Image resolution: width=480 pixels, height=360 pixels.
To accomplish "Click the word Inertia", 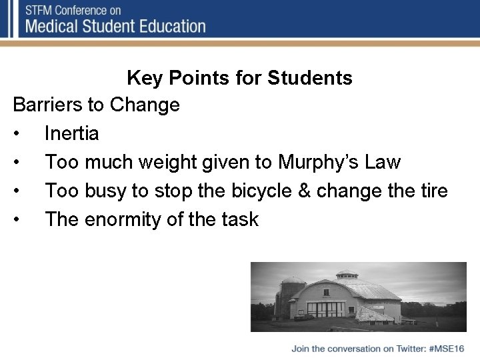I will tap(71, 133).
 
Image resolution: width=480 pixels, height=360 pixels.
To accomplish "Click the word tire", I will tap(433, 191).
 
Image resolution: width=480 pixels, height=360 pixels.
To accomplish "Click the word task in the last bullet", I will tap(239, 219).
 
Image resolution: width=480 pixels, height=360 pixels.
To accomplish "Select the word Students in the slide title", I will tap(309, 78).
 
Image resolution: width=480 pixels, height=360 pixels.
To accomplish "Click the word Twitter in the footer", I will tap(411, 348).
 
